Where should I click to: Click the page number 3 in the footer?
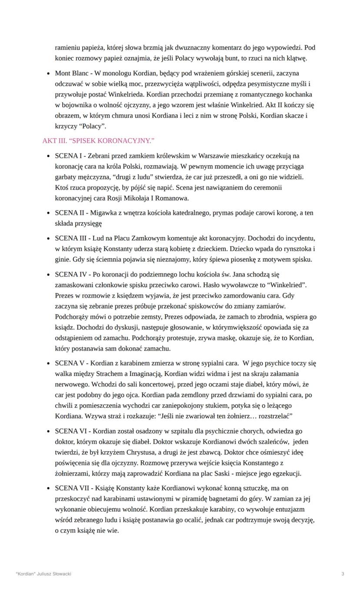point(343,574)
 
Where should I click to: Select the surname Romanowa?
point(174,198)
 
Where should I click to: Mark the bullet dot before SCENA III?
point(48,239)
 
